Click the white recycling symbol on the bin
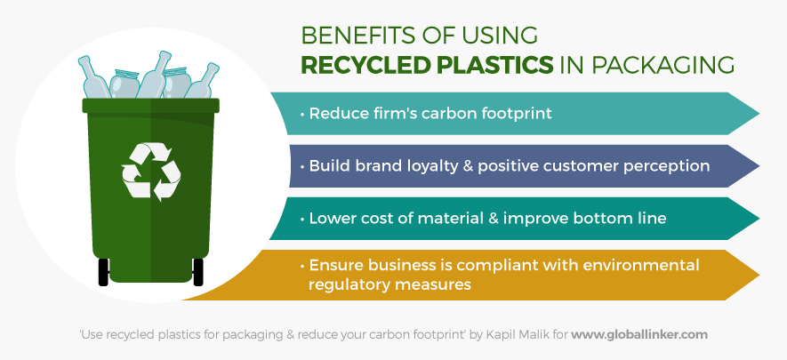click(151, 172)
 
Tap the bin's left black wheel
click(103, 272)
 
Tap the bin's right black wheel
click(198, 272)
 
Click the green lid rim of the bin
click(150, 105)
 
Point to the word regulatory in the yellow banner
click(349, 284)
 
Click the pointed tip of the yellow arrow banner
click(759, 275)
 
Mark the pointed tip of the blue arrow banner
click(759, 166)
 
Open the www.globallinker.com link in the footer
click(638, 334)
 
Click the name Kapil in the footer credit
click(497, 334)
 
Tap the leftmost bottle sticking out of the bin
click(94, 77)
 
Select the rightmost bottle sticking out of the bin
click(203, 81)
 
